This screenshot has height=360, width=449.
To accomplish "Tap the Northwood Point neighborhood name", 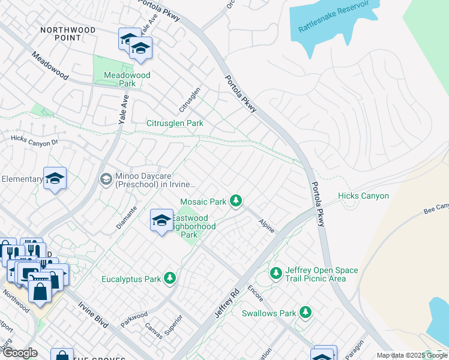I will pos(68,34).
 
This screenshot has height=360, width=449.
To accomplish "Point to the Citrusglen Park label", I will pos(175,123).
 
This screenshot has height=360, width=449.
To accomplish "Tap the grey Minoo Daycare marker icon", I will pos(106,179).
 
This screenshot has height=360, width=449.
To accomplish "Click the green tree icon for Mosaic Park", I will pos(237,200).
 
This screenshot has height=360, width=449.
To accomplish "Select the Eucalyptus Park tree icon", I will pos(170,277).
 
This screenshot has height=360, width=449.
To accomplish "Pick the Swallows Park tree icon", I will pos(306,312).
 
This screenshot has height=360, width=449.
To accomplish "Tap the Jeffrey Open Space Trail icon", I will pos(276,273).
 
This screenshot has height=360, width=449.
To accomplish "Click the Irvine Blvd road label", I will pos(93,313).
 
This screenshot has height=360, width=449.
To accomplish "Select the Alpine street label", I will pos(266,226).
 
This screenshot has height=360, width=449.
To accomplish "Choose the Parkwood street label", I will pos(134,316).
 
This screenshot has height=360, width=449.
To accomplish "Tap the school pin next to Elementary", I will pos(55,178).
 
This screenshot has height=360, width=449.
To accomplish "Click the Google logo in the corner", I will pos(19,353).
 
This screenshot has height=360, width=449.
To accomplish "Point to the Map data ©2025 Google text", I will pos(411,355).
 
